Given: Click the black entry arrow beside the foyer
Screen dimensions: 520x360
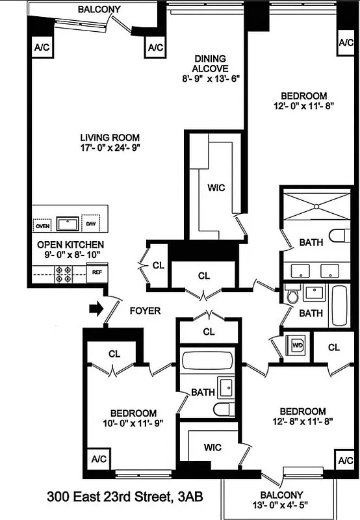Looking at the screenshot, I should pyautogui.click(x=96, y=309).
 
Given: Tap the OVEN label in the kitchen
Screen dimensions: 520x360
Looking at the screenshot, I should pyautogui.click(x=42, y=226).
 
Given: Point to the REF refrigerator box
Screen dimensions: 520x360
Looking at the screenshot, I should pyautogui.click(x=96, y=272).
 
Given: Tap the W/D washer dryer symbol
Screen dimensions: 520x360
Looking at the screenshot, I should pyautogui.click(x=298, y=344).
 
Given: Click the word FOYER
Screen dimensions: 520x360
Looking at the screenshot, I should pyautogui.click(x=145, y=311).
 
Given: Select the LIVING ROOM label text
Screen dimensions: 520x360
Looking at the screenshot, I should pyautogui.click(x=110, y=138).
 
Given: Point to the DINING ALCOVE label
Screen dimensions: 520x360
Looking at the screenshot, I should pyautogui.click(x=211, y=64).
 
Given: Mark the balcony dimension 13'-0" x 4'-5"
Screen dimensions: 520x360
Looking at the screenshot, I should pyautogui.click(x=278, y=507).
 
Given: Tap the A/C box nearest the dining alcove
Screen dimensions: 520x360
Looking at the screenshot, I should pyautogui.click(x=155, y=47).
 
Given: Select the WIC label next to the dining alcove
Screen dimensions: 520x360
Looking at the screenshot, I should pyautogui.click(x=216, y=188).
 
